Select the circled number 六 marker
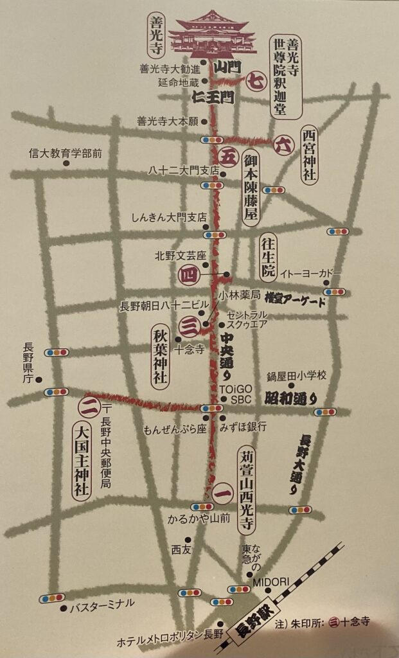[283, 145]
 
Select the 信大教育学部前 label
[66, 154]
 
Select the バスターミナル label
[102, 604]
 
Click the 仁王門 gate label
[212, 98]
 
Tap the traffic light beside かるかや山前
[202, 506]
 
